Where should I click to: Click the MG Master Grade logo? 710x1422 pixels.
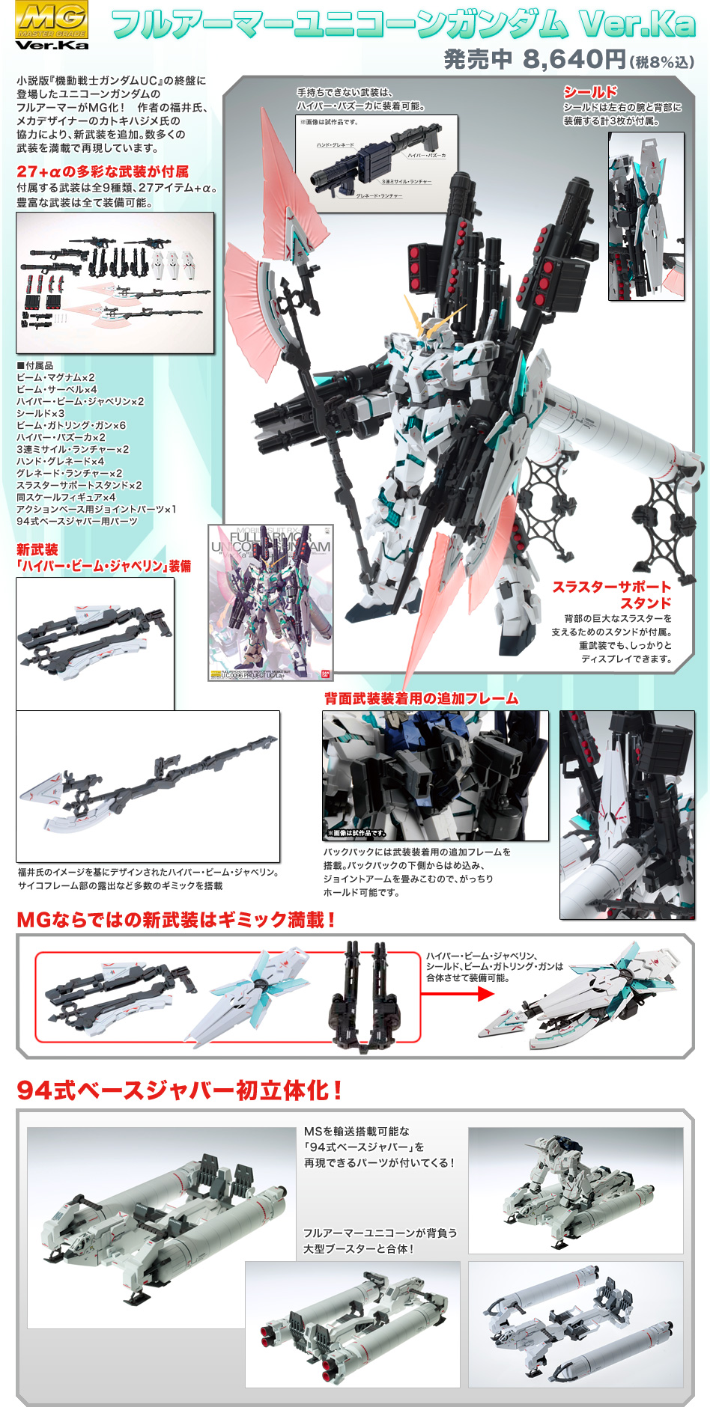tap(52, 25)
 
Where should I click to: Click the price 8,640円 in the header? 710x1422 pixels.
tap(574, 59)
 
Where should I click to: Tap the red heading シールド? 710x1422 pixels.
tap(590, 92)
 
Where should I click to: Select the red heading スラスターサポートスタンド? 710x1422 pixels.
tap(612, 595)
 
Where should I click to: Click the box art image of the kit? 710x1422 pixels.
tap(270, 602)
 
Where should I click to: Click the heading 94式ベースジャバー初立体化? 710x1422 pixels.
tap(180, 1090)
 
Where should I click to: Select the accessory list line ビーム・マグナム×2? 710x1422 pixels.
tap(55, 378)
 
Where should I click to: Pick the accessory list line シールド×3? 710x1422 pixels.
tap(40, 414)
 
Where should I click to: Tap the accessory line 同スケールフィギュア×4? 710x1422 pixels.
tap(66, 498)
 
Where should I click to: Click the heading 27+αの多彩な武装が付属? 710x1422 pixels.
tap(103, 172)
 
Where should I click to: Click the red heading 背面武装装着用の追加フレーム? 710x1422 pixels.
tap(421, 699)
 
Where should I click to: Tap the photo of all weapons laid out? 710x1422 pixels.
tap(115, 283)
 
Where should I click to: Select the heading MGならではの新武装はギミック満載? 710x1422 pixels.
tap(176, 920)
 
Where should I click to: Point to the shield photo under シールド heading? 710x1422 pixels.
tap(646, 217)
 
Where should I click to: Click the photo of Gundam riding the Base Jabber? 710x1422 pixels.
tap(575, 1190)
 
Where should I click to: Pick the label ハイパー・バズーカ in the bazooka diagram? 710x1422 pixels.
tap(426, 156)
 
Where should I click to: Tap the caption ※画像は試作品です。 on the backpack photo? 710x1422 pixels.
tap(356, 833)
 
